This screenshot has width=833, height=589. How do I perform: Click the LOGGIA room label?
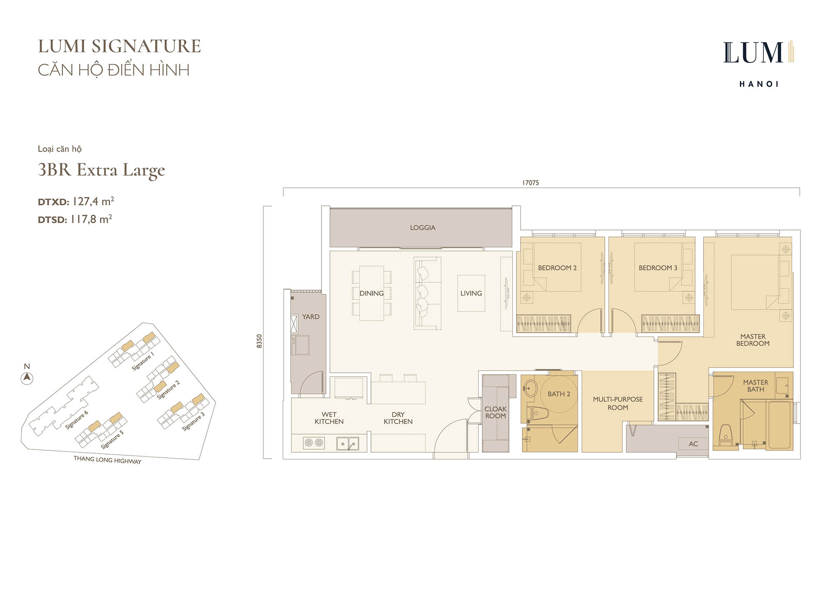(x=422, y=227)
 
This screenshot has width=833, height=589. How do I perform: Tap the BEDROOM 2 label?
(x=557, y=268)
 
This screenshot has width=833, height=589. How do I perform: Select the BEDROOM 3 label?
(x=658, y=268)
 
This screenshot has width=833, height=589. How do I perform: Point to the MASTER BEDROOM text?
(x=753, y=340)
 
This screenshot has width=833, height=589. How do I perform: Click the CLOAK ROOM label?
(x=496, y=412)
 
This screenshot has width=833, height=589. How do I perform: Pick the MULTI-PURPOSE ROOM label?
(x=618, y=403)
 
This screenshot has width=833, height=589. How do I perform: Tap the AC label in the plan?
(x=693, y=444)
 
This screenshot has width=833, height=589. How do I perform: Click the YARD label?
(x=311, y=317)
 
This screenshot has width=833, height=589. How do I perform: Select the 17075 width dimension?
(x=531, y=182)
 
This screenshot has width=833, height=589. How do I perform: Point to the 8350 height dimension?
(x=259, y=341)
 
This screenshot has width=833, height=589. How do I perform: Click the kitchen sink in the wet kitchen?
(x=347, y=444)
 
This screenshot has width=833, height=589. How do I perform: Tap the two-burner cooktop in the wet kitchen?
(x=314, y=443)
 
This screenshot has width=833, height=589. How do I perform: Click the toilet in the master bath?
(x=726, y=435)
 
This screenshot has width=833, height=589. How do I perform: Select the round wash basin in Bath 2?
(x=531, y=388)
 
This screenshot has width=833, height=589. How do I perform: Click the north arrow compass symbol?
(x=27, y=378)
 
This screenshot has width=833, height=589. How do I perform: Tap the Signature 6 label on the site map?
(x=77, y=420)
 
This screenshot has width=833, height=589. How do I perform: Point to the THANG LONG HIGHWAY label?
(x=107, y=460)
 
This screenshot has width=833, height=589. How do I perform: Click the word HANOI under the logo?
(x=759, y=84)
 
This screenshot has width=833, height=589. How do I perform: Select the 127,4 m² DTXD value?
(x=93, y=202)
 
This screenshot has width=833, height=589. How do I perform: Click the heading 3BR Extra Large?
(x=101, y=170)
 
